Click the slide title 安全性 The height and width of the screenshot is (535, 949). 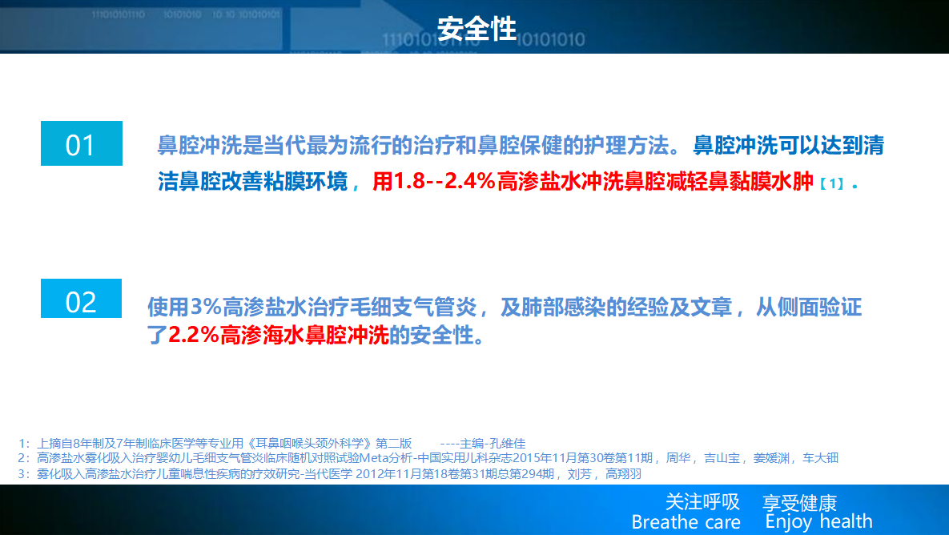(477, 29)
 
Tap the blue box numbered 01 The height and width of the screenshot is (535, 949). (82, 143)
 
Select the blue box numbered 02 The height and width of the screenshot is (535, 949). (81, 299)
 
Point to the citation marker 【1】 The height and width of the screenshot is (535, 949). (832, 183)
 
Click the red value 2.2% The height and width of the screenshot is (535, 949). (194, 335)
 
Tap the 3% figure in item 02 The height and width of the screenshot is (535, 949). (206, 308)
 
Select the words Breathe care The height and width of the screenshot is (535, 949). (686, 521)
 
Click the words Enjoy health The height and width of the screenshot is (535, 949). (819, 521)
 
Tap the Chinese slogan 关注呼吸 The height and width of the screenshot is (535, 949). (702, 501)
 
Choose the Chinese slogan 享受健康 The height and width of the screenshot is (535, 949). (799, 502)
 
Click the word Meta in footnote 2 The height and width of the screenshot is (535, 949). (373, 458)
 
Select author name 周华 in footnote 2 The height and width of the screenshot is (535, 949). (678, 458)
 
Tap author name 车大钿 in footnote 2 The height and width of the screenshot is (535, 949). (820, 458)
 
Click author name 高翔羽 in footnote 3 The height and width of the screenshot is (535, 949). (623, 474)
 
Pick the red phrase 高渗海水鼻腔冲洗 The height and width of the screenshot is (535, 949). (304, 335)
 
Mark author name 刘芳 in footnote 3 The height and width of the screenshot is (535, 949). (580, 474)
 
